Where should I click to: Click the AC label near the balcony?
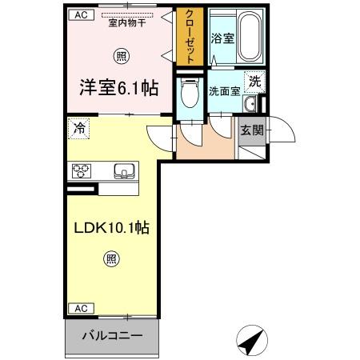79,308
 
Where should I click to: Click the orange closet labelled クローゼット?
190,37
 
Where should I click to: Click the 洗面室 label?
224,90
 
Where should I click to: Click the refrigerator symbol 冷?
79,127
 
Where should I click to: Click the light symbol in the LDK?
110,258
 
